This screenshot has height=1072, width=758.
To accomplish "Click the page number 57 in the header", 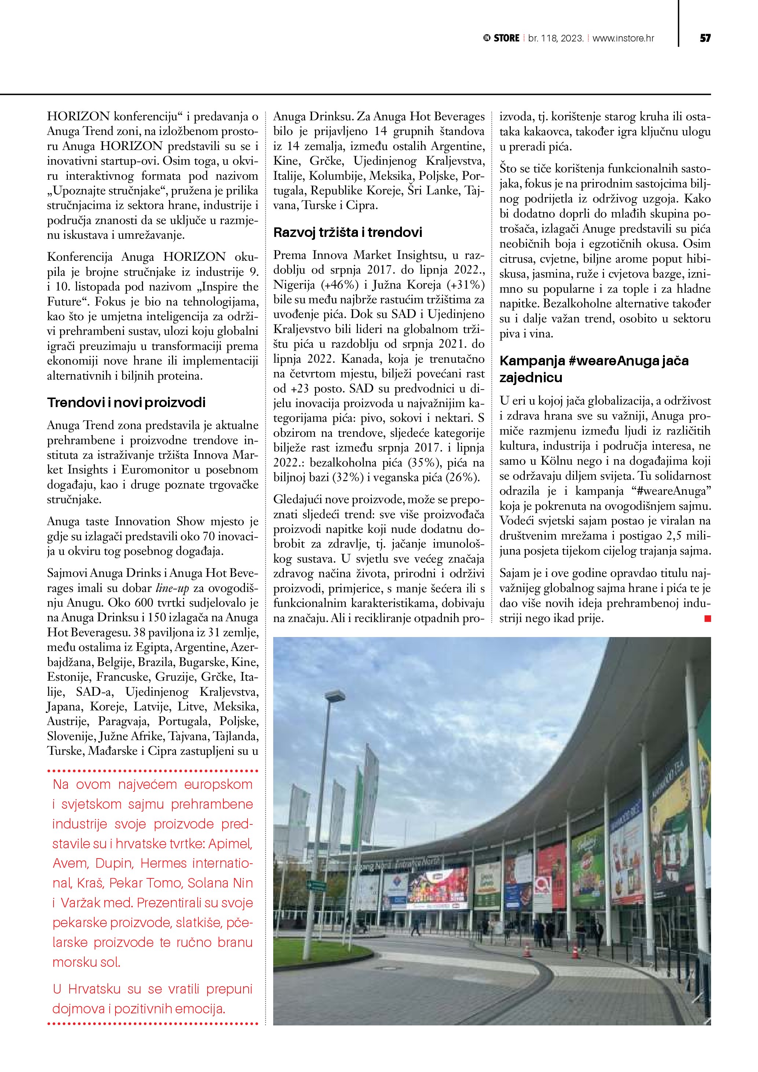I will click(x=705, y=38).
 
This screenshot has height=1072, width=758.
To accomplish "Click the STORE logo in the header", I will click(x=502, y=38).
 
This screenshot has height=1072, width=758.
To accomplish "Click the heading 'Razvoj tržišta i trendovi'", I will click(x=347, y=232).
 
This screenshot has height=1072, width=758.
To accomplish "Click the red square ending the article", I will click(x=707, y=619).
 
